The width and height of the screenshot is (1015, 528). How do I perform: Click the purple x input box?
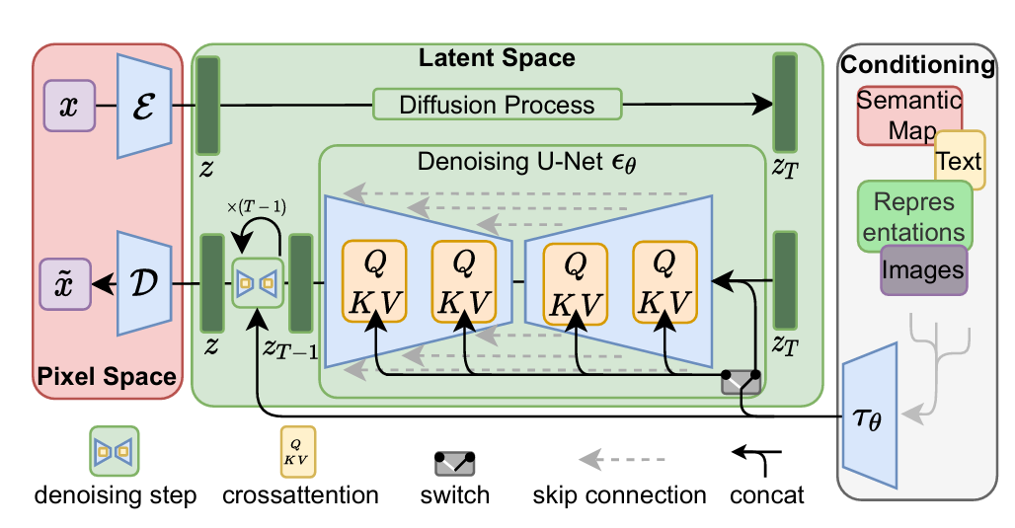[69, 106]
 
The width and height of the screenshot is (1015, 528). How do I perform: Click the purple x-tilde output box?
[69, 283]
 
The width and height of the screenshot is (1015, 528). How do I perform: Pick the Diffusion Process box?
[497, 105]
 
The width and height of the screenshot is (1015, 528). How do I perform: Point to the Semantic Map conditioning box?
[908, 114]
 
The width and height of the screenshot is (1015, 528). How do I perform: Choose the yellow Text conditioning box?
[960, 161]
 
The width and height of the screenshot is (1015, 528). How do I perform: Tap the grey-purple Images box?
[923, 268]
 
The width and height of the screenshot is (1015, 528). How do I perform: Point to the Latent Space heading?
[497, 58]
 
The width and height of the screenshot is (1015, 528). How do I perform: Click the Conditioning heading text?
[917, 66]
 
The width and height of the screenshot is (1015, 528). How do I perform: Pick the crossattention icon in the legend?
[299, 447]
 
